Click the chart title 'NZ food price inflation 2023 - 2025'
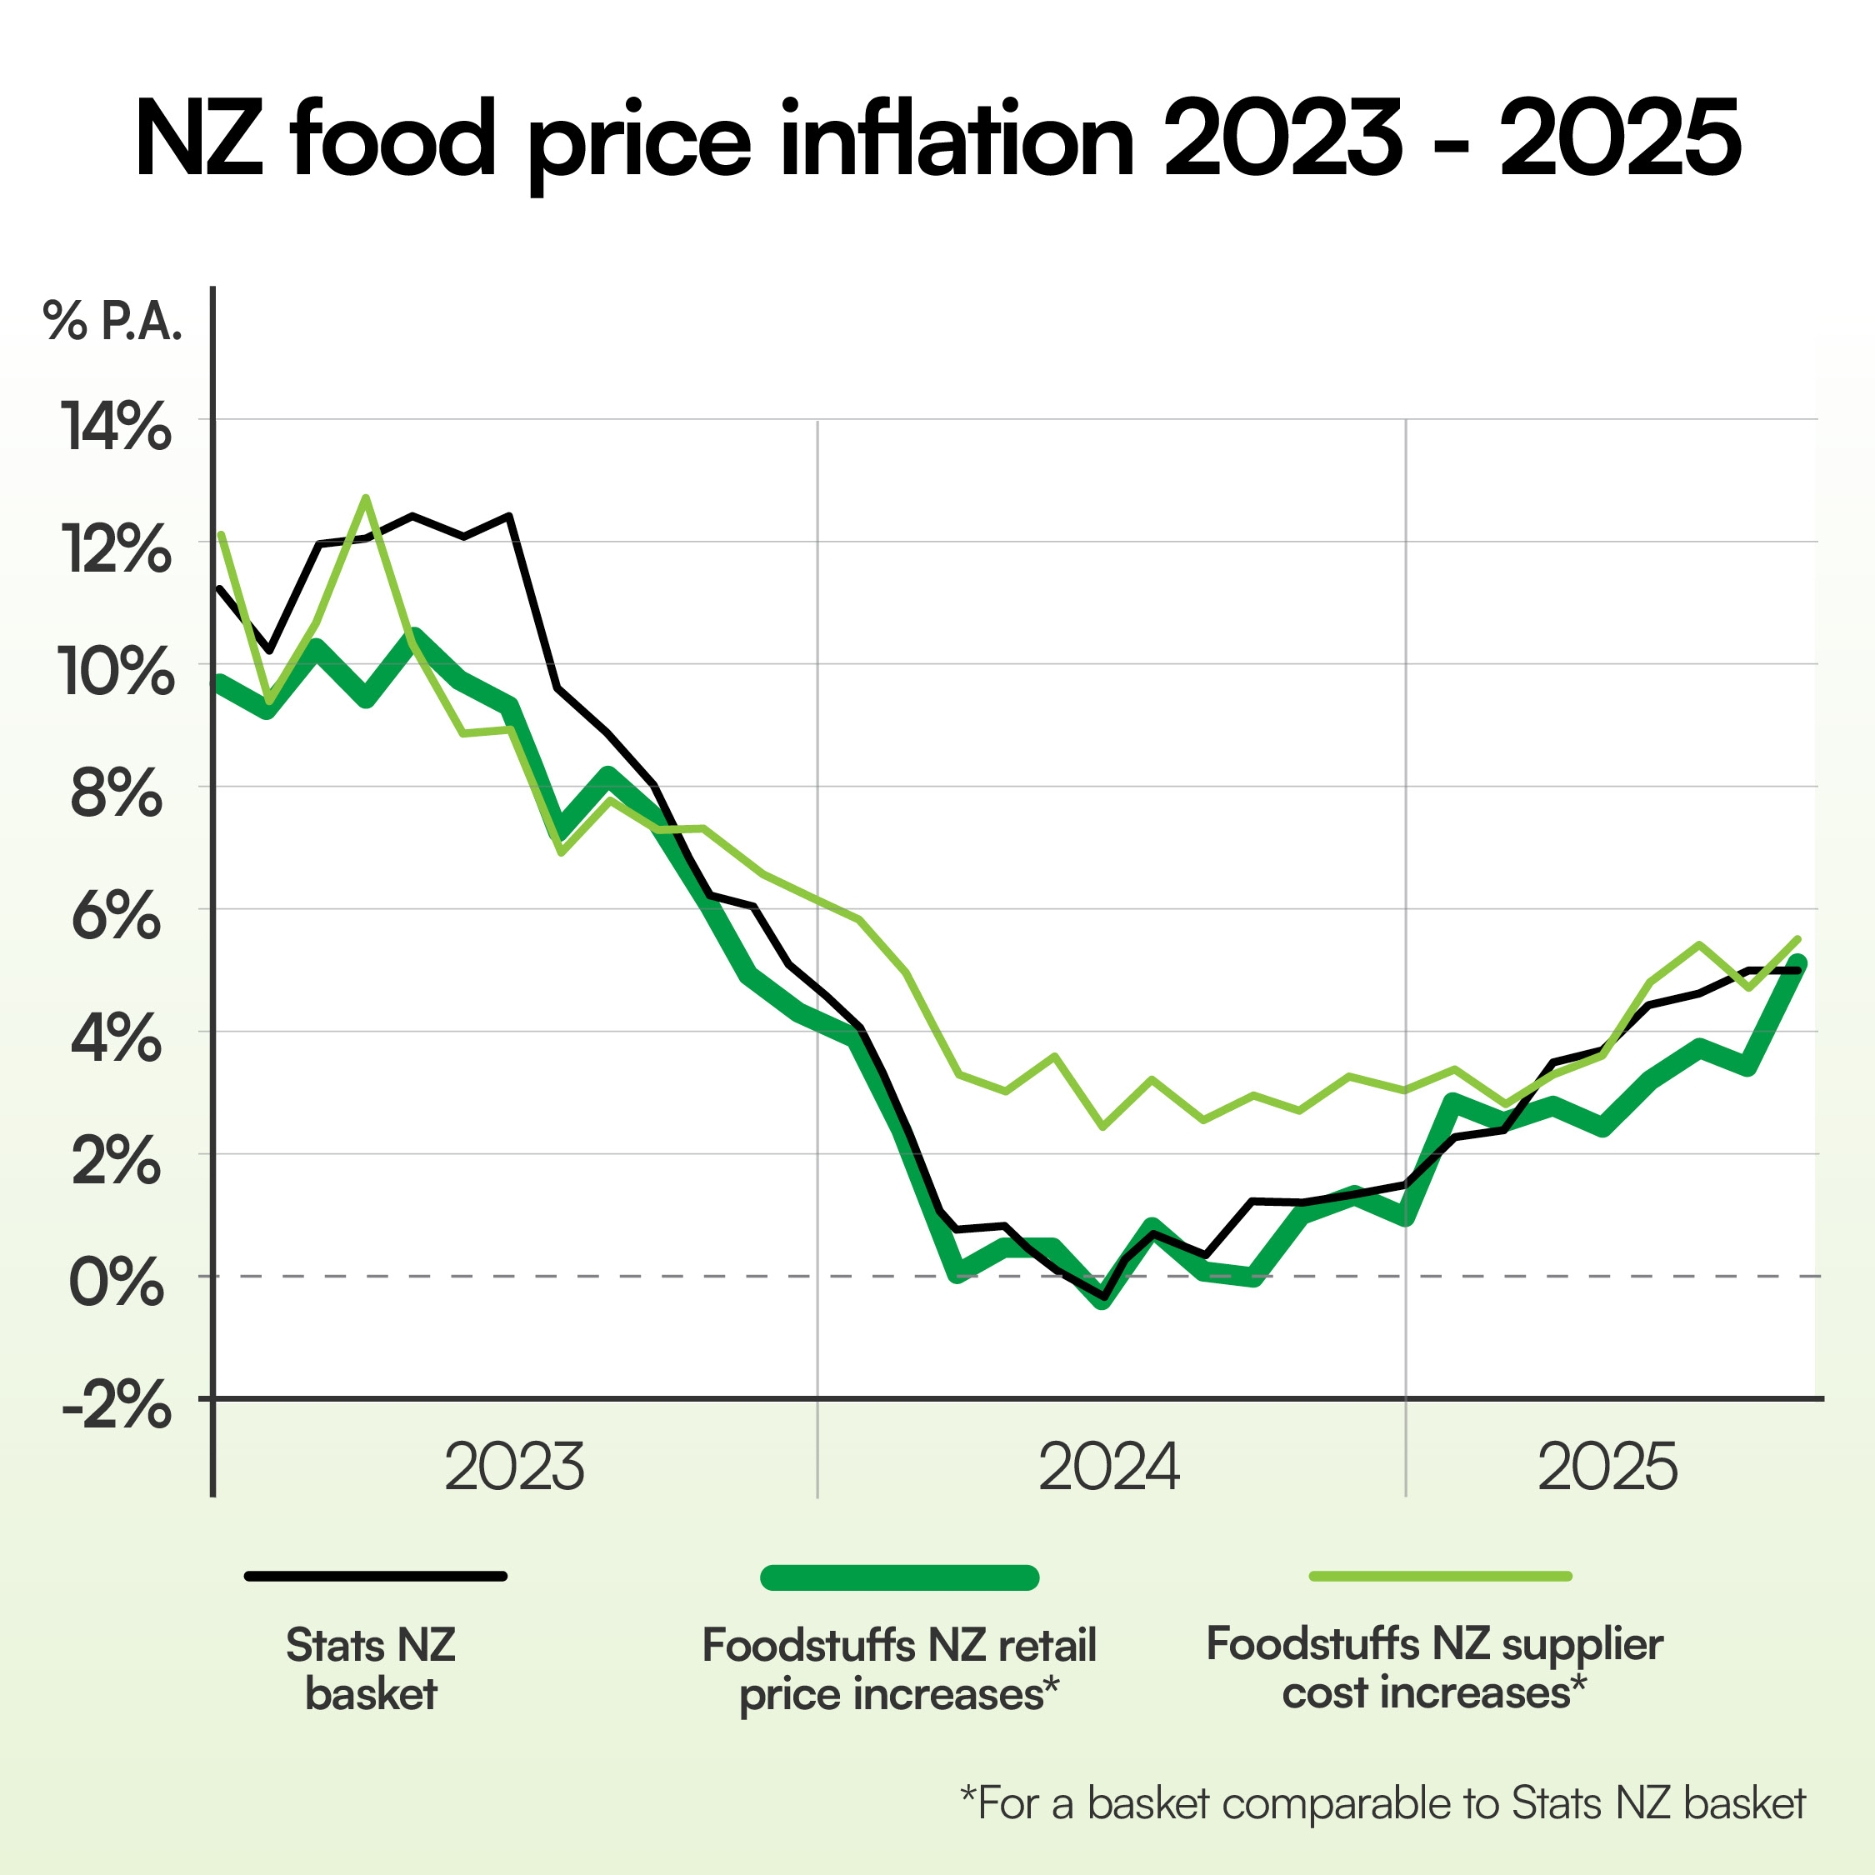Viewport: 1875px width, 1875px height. click(x=937, y=139)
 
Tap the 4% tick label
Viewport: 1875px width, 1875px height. click(x=117, y=1039)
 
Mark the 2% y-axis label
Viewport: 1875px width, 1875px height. click(x=117, y=1162)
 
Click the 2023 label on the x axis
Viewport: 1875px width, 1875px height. click(x=514, y=1467)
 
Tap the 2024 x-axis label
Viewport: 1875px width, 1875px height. click(x=1109, y=1467)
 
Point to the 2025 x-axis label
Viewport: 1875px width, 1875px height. click(x=1607, y=1467)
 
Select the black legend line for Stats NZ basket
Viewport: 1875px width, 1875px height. click(x=376, y=1576)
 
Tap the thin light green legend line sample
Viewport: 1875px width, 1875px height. click(x=1440, y=1576)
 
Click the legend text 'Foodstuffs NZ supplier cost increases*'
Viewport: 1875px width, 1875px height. click(x=1434, y=1667)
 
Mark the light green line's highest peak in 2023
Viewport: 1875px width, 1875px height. click(x=365, y=499)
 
